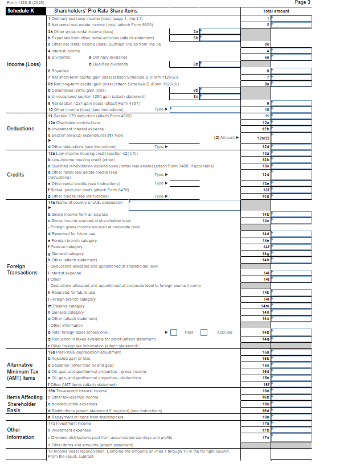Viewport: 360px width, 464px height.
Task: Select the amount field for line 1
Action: tap(292, 18)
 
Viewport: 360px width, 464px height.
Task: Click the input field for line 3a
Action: tap(220, 32)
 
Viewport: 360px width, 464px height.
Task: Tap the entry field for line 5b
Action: tap(220, 64)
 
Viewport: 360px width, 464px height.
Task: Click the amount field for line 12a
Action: tap(292, 123)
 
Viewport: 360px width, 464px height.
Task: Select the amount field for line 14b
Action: tap(292, 213)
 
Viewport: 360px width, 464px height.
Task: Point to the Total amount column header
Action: tap(276, 11)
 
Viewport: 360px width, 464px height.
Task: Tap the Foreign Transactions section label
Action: tap(22, 269)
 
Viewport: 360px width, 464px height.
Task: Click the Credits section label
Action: tap(15, 175)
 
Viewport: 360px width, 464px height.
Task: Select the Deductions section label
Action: tap(21, 128)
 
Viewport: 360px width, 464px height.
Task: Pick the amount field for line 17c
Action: tap(292, 437)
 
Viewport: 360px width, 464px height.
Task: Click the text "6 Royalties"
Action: tap(59, 71)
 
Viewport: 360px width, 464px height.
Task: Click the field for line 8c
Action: tap(220, 96)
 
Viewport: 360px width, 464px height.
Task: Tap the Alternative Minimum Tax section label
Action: tap(23, 371)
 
